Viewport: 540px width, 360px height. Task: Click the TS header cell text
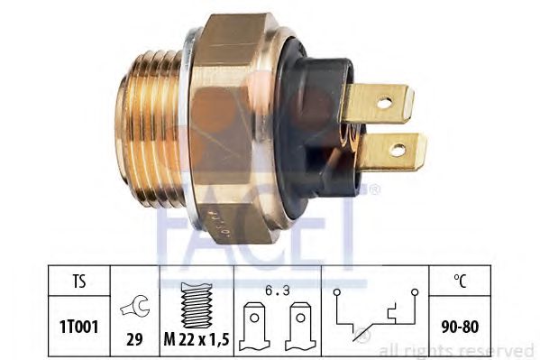pyautogui.click(x=78, y=282)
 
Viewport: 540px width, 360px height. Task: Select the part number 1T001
pyautogui.click(x=79, y=327)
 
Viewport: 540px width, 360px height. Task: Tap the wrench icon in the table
pyautogui.click(x=134, y=306)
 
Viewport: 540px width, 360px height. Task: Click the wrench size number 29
pyautogui.click(x=134, y=340)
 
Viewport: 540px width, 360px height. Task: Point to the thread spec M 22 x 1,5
pyautogui.click(x=197, y=340)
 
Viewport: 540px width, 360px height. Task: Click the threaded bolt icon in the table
pyautogui.click(x=197, y=305)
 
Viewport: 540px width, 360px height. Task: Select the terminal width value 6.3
pyautogui.click(x=278, y=291)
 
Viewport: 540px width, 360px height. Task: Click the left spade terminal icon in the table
pyautogui.click(x=254, y=327)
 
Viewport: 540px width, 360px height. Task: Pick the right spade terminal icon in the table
pyautogui.click(x=300, y=327)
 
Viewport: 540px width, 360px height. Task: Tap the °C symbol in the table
pyautogui.click(x=460, y=281)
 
